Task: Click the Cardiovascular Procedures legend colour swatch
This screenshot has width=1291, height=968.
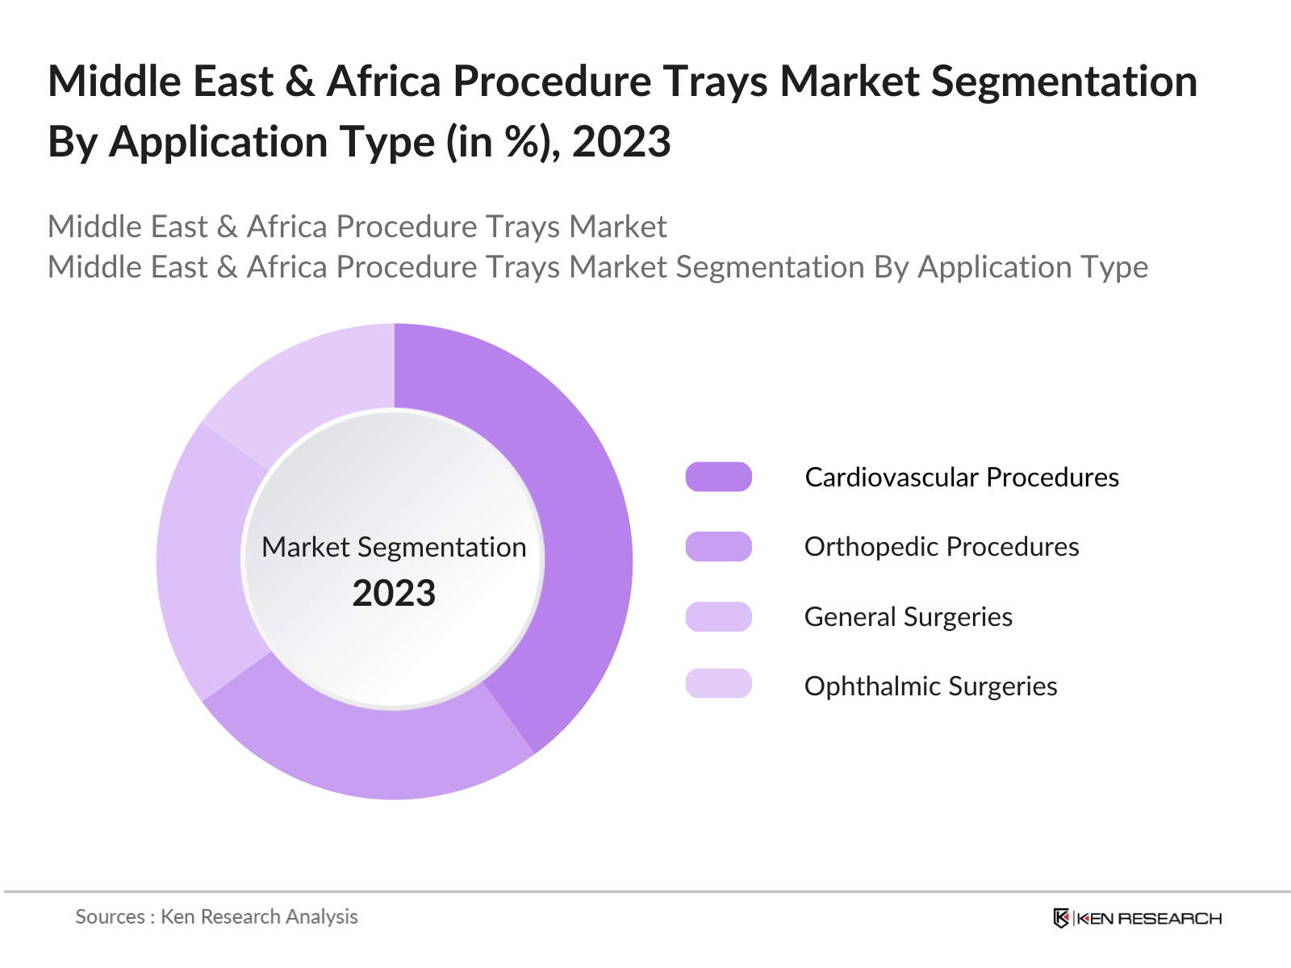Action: [x=718, y=477]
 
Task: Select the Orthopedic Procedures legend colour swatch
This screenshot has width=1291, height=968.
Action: [x=718, y=546]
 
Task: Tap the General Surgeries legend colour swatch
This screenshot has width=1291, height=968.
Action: [x=718, y=616]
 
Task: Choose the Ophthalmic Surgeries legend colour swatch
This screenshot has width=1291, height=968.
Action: [x=718, y=683]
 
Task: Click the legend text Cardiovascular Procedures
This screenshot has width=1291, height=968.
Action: [x=962, y=477]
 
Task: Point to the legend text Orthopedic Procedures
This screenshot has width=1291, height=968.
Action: [x=942, y=546]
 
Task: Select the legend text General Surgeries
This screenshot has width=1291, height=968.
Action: [x=909, y=616]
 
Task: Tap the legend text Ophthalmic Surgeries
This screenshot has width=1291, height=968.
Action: [x=930, y=686]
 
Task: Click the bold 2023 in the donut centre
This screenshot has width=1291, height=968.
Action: [x=394, y=593]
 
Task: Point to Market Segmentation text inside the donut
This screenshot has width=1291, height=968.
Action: [x=394, y=547]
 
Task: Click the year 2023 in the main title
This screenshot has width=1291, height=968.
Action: [x=621, y=142]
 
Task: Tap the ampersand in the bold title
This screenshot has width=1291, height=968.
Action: [x=299, y=81]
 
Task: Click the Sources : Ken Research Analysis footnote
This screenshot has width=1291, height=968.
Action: [x=216, y=916]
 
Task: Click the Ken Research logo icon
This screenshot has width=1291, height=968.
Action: [x=1061, y=918]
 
